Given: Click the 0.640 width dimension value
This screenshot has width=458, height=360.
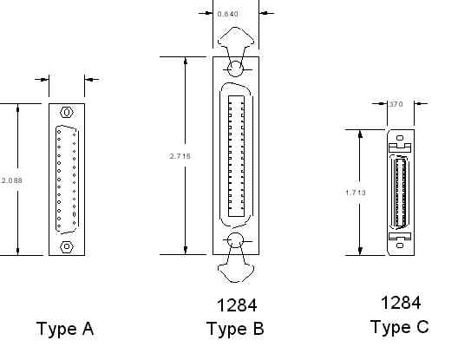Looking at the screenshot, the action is [x=227, y=14].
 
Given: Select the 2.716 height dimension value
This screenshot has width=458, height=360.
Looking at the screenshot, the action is [x=180, y=156].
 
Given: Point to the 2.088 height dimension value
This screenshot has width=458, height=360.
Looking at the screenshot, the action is [x=11, y=180].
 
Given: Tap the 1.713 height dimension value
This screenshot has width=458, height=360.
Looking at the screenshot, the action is [x=356, y=193].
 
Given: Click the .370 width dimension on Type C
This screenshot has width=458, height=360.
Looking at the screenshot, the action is [x=396, y=104].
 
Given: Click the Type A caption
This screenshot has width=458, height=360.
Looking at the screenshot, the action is [x=65, y=329].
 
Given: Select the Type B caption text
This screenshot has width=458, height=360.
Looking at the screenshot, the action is [x=235, y=329].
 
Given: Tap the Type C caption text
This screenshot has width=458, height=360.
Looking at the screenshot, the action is [x=400, y=327].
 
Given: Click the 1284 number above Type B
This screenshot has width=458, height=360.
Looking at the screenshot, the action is [x=237, y=305].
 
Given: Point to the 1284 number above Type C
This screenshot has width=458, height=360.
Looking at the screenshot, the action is [x=401, y=303].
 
